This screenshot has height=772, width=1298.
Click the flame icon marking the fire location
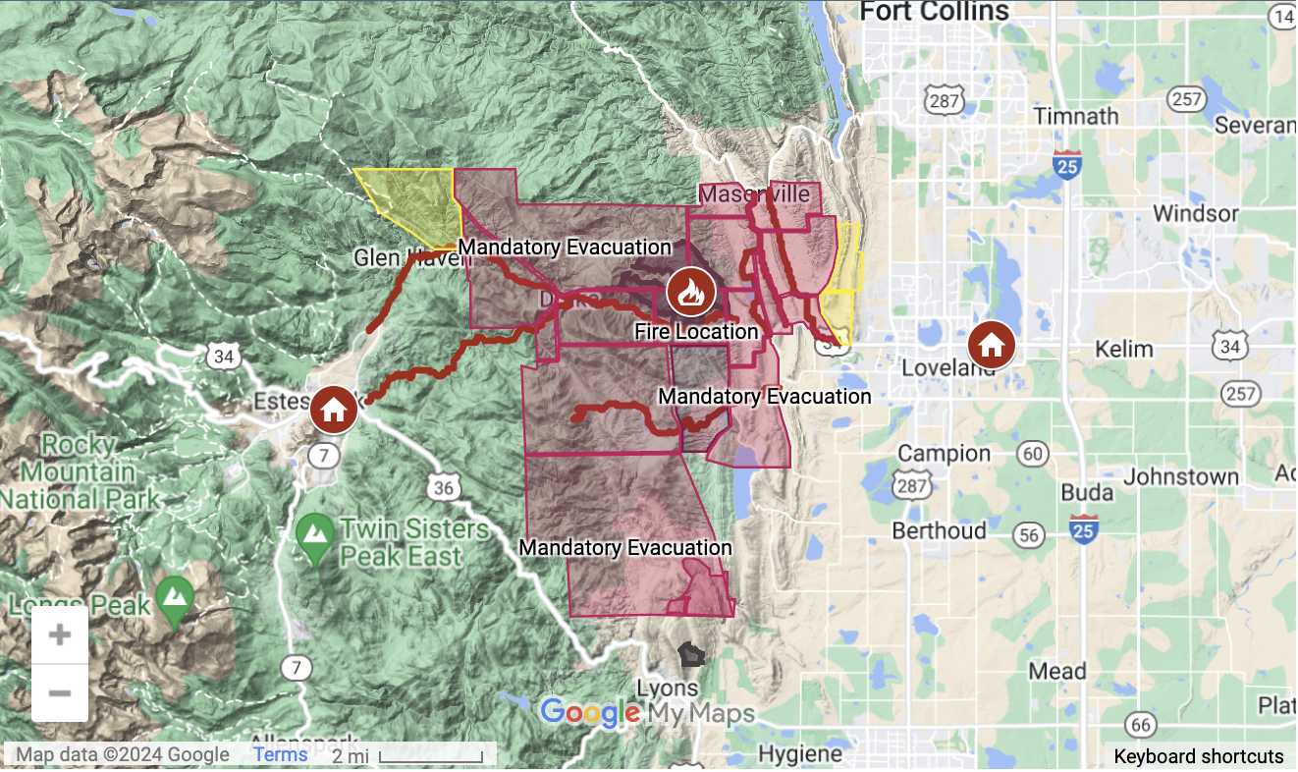point(691,292)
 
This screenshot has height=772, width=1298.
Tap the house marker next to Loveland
point(991,345)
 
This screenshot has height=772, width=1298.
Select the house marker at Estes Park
point(334,410)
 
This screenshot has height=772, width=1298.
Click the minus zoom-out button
point(60,693)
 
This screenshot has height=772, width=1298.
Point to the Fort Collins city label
point(934,12)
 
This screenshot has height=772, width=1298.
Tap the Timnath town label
point(1077,116)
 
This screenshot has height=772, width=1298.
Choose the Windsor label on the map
point(1195,213)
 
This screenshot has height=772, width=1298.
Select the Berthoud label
point(939,530)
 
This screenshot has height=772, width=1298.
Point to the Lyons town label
point(668,688)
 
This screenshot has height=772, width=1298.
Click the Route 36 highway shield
point(444,487)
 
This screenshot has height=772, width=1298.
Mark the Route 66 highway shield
point(1139,726)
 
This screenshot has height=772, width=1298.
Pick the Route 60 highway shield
point(1031,453)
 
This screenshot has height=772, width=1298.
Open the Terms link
point(280,754)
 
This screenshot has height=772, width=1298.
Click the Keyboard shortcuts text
point(1198,756)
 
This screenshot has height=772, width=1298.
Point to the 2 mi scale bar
point(430,756)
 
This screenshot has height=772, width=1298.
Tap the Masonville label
point(757,193)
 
